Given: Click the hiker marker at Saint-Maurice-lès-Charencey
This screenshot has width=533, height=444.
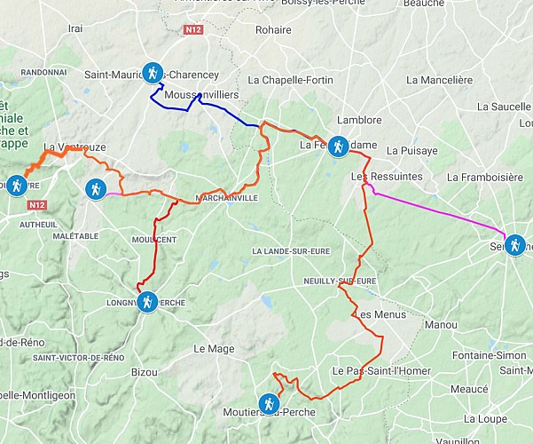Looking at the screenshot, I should [x=153, y=74].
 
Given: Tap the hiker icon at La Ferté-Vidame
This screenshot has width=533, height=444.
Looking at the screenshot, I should [x=338, y=145].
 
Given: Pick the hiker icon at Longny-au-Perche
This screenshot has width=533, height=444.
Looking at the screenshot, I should [x=147, y=302].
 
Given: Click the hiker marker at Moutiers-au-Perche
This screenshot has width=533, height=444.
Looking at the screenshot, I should [x=267, y=405].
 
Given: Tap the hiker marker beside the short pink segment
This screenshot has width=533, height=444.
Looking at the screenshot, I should [x=94, y=188].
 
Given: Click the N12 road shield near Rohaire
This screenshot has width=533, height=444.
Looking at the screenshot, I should [x=194, y=30].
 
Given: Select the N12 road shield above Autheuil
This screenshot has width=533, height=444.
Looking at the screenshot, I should [x=36, y=205].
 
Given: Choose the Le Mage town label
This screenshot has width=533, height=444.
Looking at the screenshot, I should [x=214, y=349].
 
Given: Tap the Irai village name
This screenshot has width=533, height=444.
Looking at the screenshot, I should [x=75, y=28].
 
